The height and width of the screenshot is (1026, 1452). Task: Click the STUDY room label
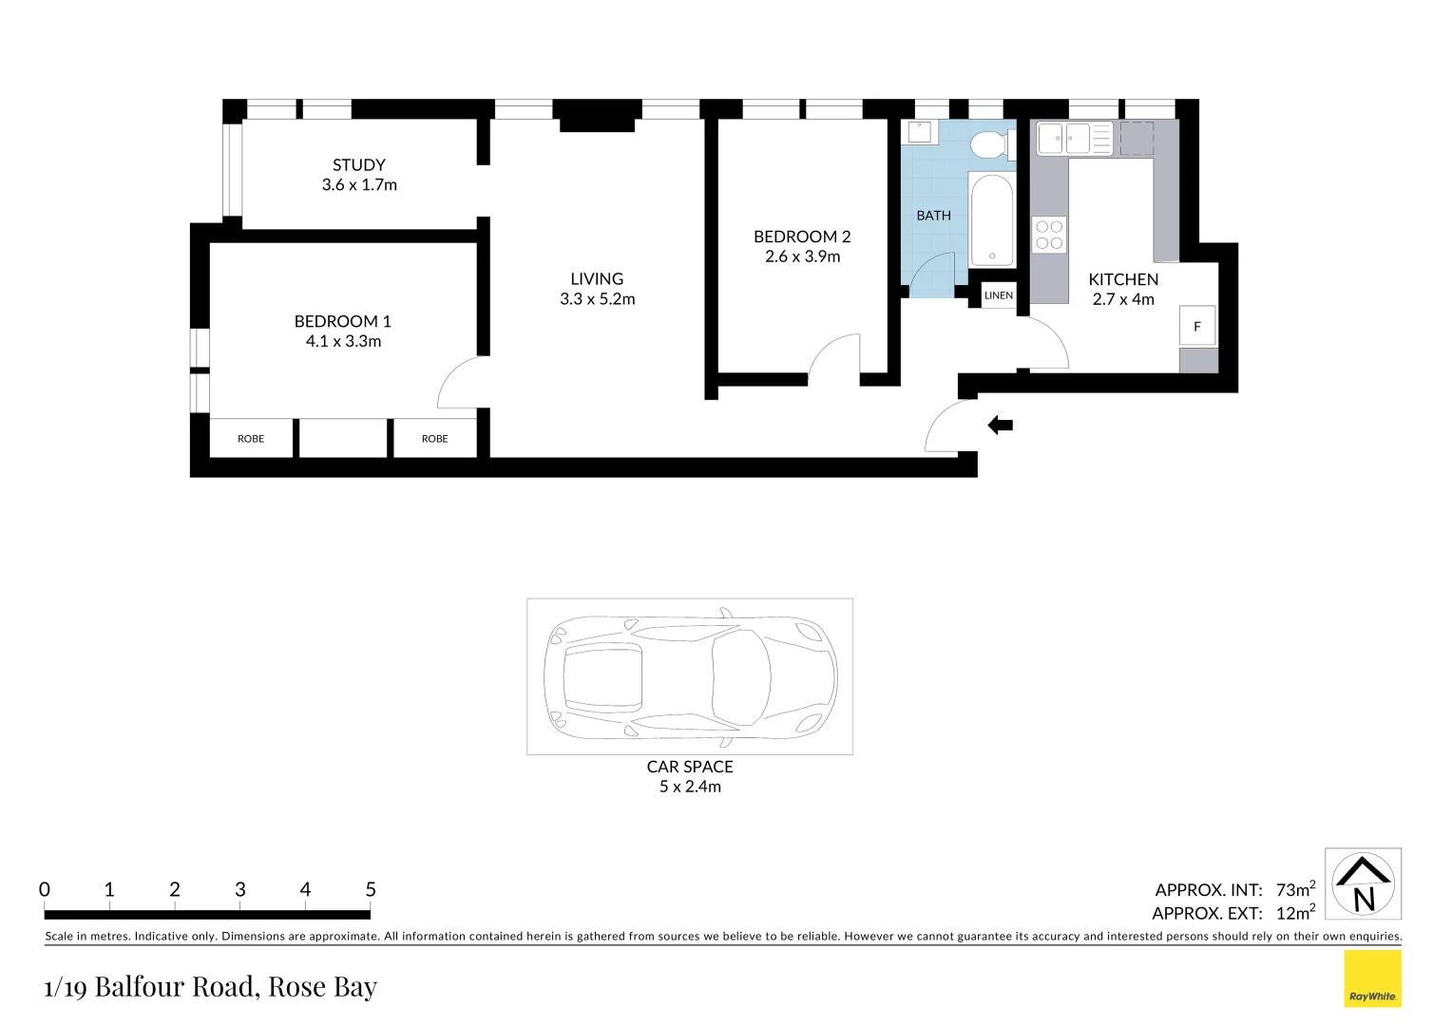[x=358, y=165]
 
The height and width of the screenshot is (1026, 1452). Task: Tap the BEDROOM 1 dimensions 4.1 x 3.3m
[x=343, y=342]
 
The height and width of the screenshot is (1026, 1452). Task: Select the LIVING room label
[x=597, y=279]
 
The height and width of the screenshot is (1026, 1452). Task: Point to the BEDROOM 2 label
[x=802, y=237]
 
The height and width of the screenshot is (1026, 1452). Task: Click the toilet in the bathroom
[x=988, y=145]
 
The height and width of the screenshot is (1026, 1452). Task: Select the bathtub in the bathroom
[x=991, y=219]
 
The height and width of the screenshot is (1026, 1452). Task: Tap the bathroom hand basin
[x=919, y=131]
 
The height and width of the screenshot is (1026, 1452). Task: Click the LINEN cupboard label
[x=999, y=295]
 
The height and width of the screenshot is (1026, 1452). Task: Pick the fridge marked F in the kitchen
[x=1197, y=326]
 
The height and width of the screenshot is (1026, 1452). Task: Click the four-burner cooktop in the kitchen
[x=1049, y=235]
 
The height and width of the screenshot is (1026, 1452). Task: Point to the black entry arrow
[x=1001, y=426]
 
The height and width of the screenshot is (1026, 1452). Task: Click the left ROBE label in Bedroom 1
[x=251, y=439]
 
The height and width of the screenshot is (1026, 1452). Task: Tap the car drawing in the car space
[x=690, y=676]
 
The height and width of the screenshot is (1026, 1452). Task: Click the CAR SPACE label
[x=690, y=767]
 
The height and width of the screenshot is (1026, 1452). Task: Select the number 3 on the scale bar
[x=240, y=889]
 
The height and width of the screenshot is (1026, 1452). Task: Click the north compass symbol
[x=1364, y=884]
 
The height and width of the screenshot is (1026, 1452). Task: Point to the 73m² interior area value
[x=1295, y=889]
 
